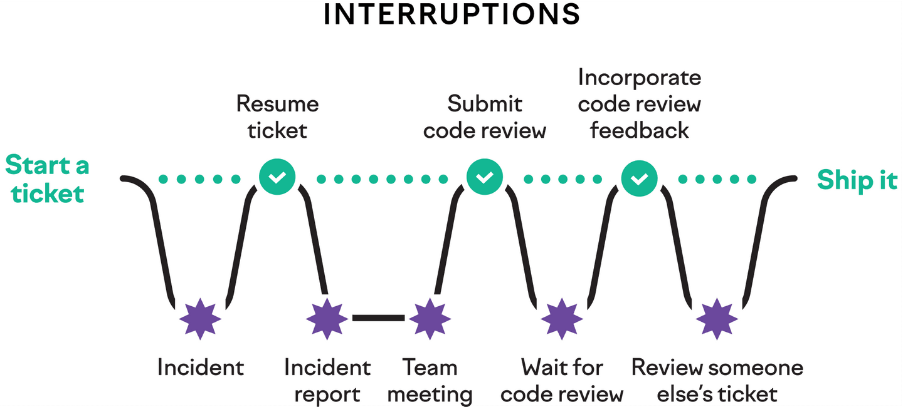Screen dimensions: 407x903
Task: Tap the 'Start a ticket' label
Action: click(48, 180)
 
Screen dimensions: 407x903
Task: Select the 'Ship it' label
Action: click(857, 180)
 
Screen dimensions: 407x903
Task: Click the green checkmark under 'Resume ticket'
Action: click(277, 178)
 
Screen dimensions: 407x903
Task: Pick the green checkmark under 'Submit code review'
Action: click(485, 178)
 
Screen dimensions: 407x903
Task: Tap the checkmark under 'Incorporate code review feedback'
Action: click(639, 179)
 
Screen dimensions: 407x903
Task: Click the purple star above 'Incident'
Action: click(200, 319)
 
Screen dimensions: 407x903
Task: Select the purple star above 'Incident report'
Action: click(327, 319)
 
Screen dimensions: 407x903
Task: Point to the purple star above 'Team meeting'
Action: click(430, 319)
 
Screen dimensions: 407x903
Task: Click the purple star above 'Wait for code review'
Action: click(562, 319)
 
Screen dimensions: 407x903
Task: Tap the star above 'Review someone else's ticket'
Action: click(717, 319)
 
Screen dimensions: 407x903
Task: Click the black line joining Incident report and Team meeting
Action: click(378, 318)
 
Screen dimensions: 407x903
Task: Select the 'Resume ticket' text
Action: click(277, 116)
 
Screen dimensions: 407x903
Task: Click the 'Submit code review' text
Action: click(485, 116)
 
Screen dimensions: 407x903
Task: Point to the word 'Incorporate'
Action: click(639, 78)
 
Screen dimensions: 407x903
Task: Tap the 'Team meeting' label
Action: click(430, 381)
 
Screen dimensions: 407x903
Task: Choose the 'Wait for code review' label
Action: click(562, 381)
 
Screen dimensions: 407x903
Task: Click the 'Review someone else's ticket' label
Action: click(717, 381)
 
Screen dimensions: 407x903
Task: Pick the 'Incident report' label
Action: click(327, 381)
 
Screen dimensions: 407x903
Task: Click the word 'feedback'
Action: click(639, 130)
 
